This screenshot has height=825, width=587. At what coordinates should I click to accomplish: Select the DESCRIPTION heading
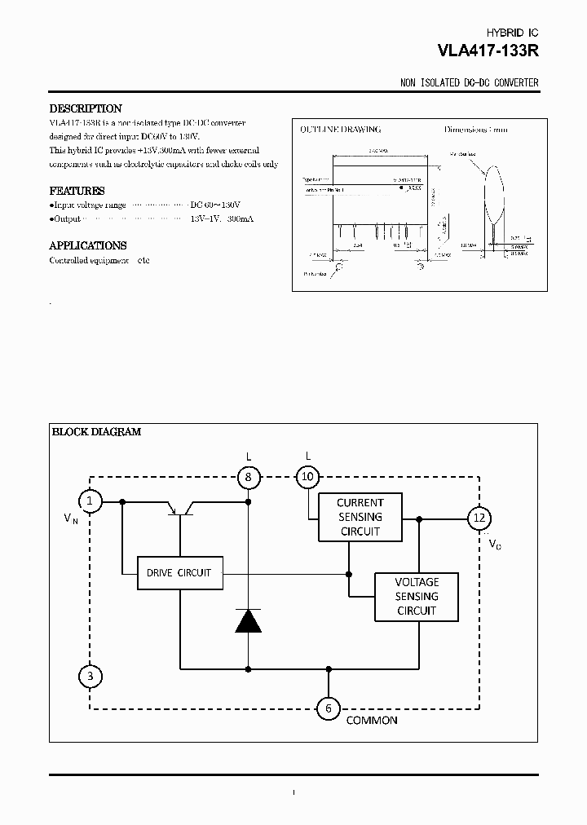[86, 108]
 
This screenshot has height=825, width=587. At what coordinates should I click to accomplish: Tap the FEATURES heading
[77, 191]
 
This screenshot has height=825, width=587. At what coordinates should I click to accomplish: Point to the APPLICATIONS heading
[87, 245]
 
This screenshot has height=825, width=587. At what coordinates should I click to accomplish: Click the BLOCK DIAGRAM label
[96, 432]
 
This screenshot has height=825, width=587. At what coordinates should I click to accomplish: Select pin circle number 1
[90, 501]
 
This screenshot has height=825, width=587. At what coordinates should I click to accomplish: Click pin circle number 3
[90, 676]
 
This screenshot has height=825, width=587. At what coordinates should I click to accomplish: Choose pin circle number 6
[329, 708]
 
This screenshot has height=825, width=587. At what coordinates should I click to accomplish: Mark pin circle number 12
[479, 518]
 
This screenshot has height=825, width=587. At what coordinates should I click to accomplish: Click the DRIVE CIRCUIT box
[179, 573]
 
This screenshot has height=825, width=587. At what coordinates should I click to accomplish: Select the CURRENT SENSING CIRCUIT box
[360, 517]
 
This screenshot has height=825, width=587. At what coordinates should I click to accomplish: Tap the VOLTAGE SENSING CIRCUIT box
[416, 596]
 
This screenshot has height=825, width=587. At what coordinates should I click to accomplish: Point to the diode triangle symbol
[248, 620]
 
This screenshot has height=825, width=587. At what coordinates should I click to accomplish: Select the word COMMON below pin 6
[372, 721]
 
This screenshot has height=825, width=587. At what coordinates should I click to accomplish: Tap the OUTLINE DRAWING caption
[341, 130]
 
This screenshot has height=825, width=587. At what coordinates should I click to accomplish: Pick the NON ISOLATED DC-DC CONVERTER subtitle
[470, 84]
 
